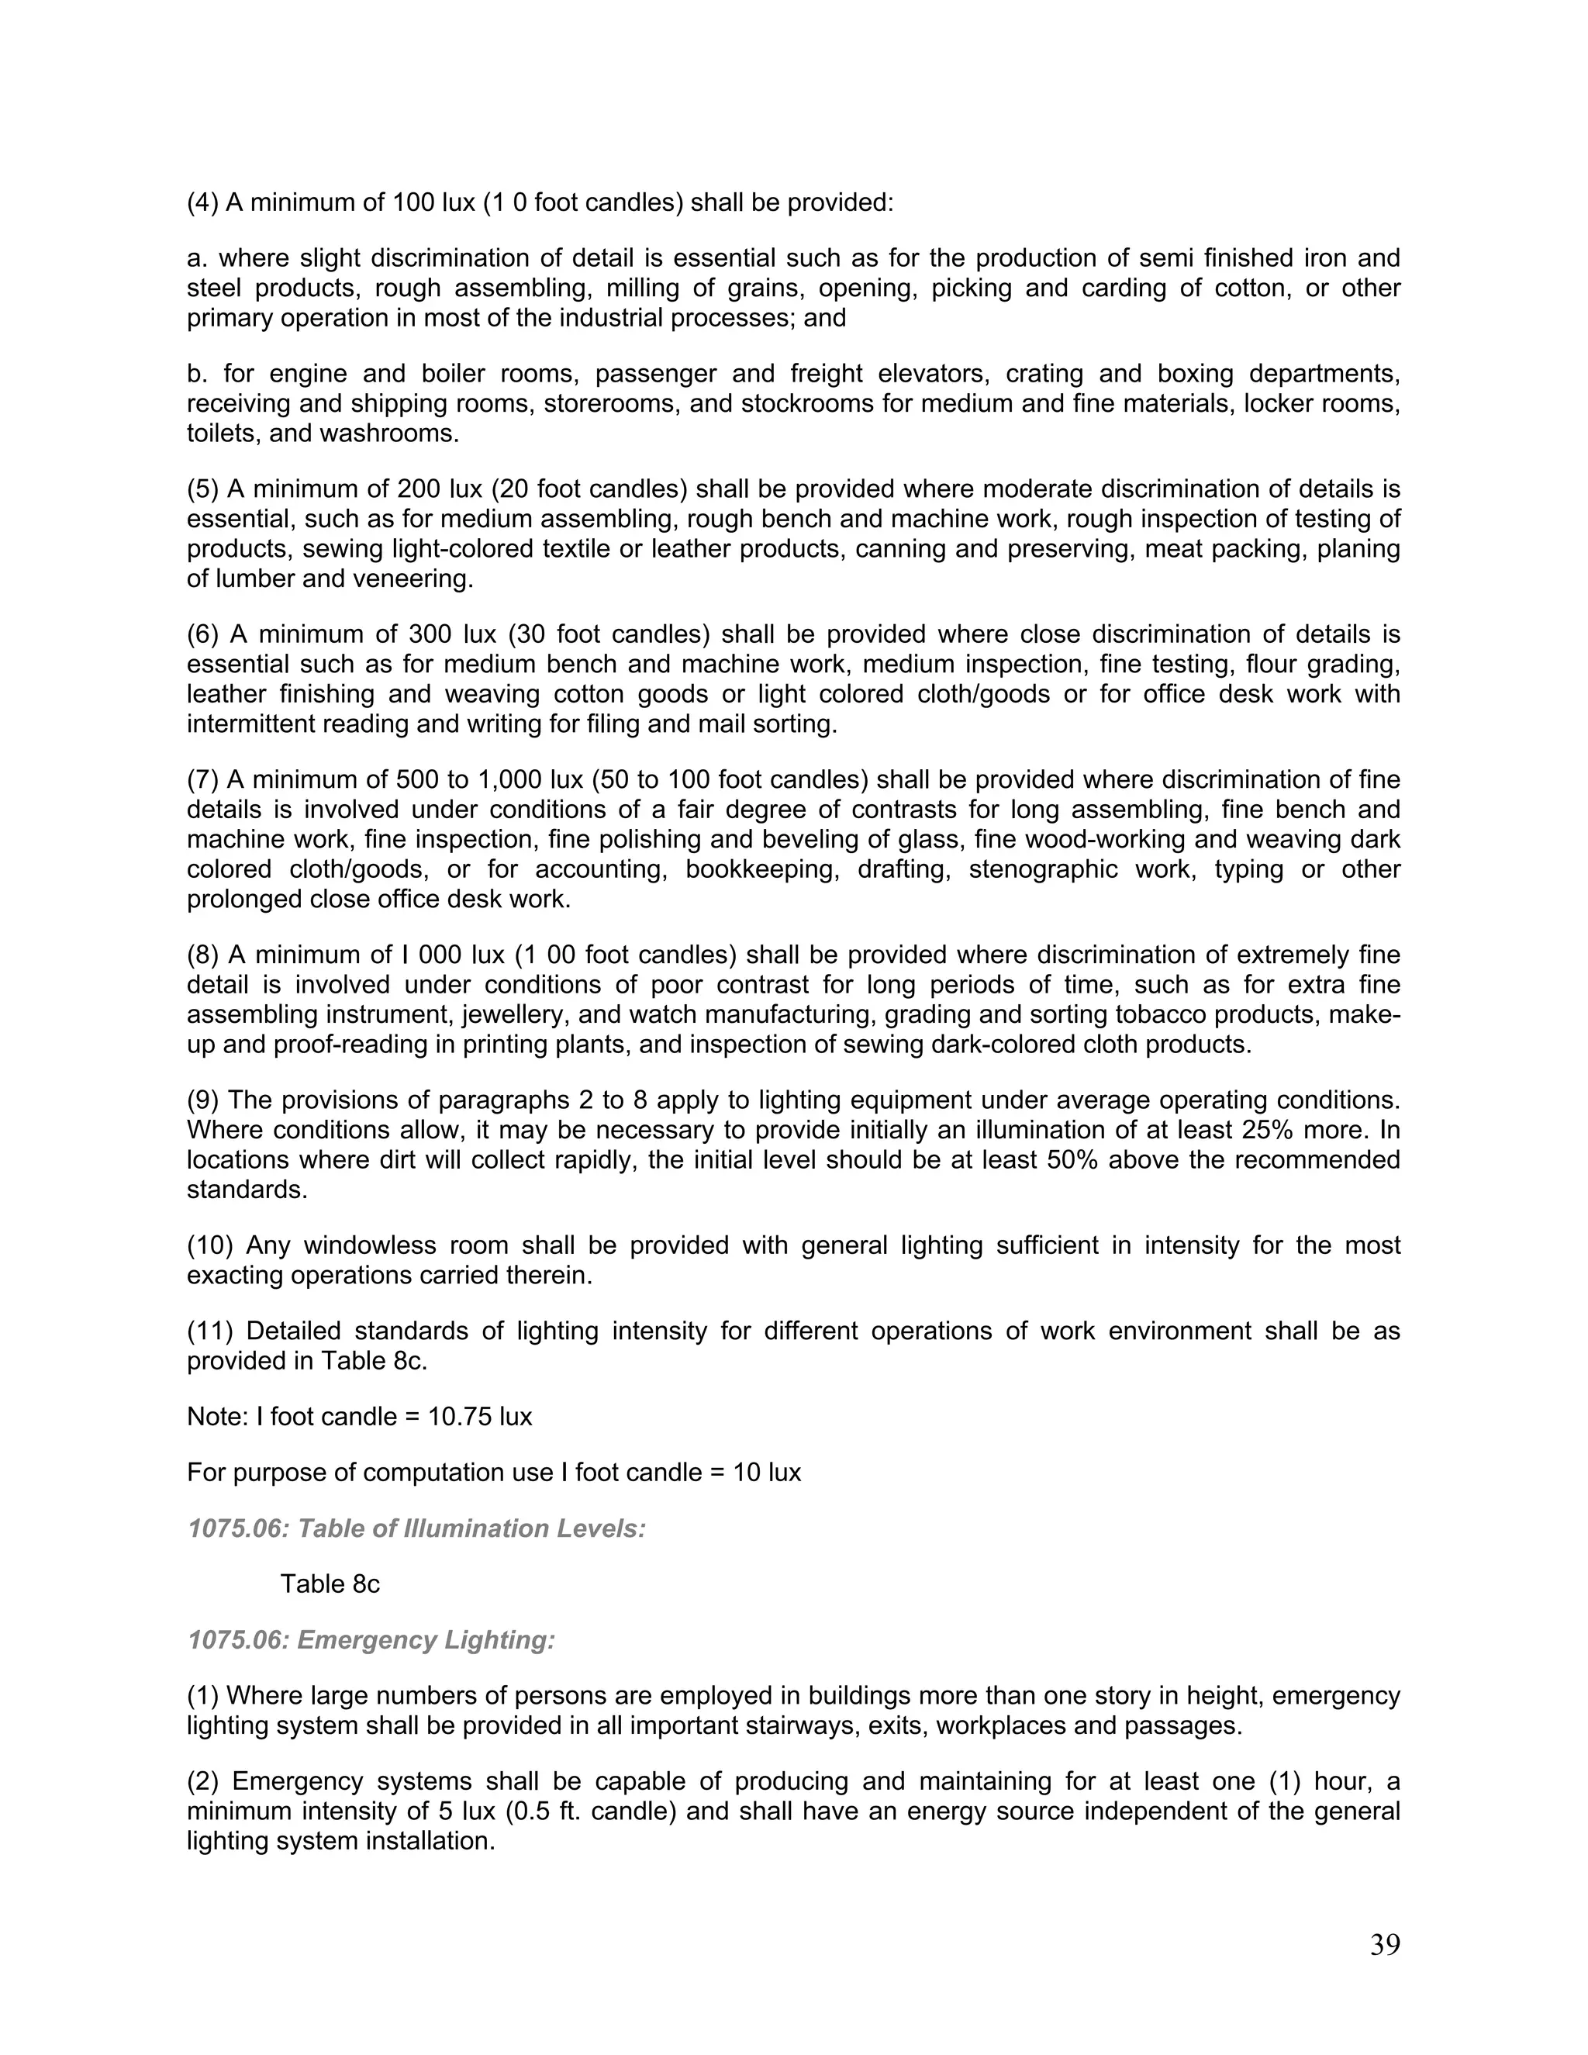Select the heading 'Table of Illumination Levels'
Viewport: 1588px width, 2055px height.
tap(471, 1528)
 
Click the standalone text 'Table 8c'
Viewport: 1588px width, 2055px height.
tap(330, 1584)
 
